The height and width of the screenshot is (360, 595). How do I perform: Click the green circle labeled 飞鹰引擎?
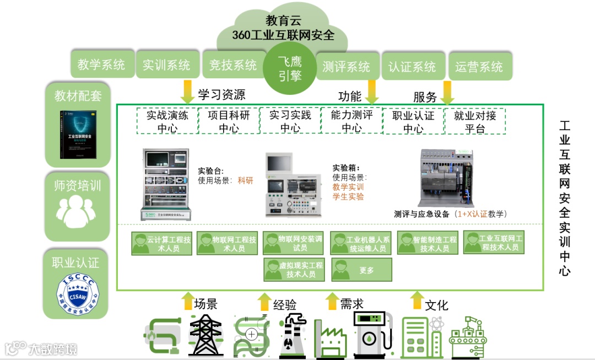(x=290, y=69)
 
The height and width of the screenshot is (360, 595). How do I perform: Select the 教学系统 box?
(x=101, y=65)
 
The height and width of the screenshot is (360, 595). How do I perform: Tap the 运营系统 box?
(x=479, y=67)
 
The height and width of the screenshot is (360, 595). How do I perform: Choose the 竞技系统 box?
(x=233, y=66)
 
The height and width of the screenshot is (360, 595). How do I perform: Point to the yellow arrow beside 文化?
(x=416, y=302)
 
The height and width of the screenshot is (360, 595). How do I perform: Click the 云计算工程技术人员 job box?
(x=162, y=244)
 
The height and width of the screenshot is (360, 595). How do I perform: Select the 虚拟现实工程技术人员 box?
(x=294, y=270)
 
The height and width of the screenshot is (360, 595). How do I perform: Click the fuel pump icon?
(x=371, y=335)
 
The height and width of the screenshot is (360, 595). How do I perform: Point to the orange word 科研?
(x=246, y=180)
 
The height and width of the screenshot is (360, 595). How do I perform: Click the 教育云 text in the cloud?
(x=284, y=21)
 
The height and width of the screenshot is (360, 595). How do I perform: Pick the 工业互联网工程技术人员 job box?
(x=494, y=243)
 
